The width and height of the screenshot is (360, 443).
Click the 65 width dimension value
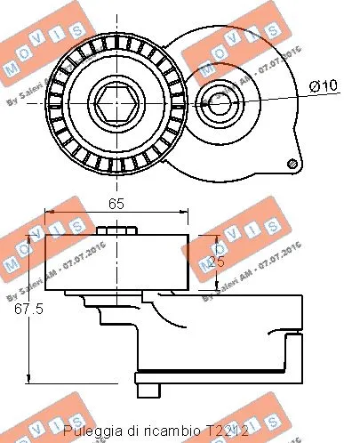coord(116,204)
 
